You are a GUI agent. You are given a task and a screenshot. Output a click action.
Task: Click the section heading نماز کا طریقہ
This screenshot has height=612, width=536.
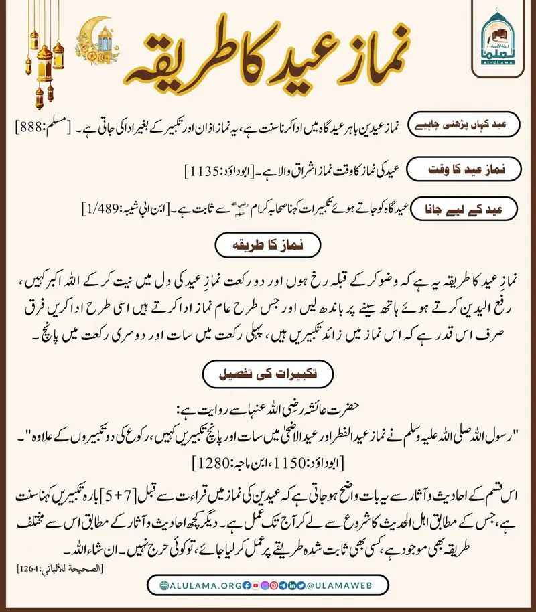[268, 244]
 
